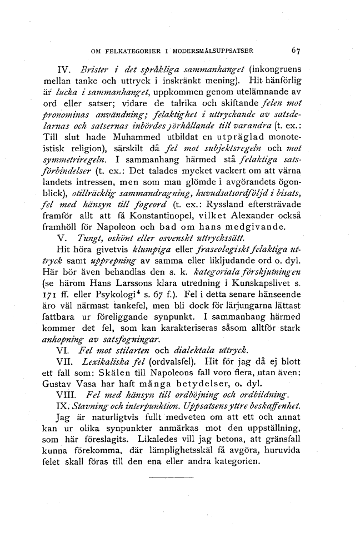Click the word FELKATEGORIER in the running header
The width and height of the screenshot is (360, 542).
coord(125,50)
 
